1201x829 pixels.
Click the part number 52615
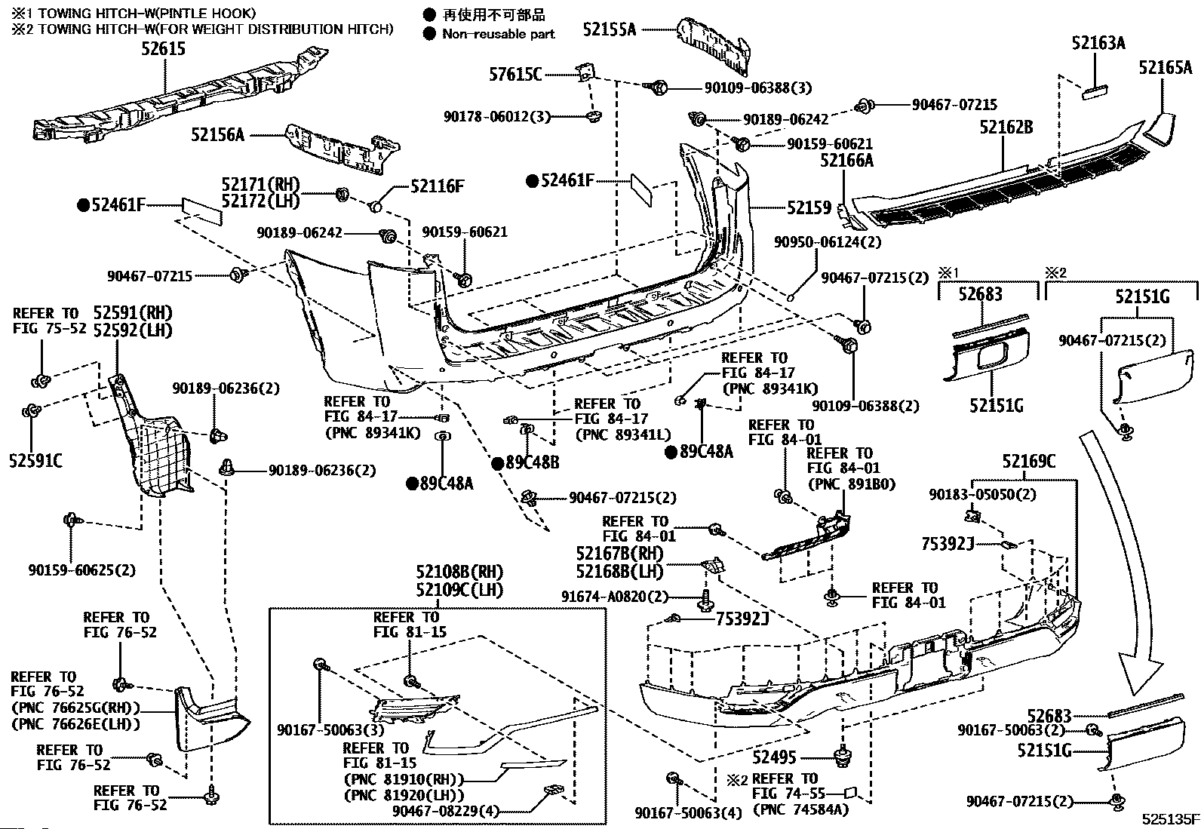click(x=162, y=49)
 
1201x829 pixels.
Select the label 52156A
click(x=217, y=135)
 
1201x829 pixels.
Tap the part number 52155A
click(x=609, y=29)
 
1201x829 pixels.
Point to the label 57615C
click(x=515, y=74)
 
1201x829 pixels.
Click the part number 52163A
click(x=1098, y=43)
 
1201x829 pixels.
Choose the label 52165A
click(x=1165, y=68)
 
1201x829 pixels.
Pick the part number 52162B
click(x=1006, y=127)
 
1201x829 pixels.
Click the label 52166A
click(x=846, y=160)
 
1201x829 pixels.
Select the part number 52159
click(x=809, y=207)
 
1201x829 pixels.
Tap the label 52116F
click(x=438, y=186)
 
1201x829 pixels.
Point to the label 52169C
click(x=1028, y=461)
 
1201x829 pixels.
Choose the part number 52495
click(x=774, y=757)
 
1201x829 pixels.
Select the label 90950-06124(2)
click(x=828, y=242)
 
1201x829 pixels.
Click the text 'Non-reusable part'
click(x=498, y=33)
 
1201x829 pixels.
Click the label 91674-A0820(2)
click(x=615, y=597)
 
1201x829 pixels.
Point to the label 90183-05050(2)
click(x=982, y=494)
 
